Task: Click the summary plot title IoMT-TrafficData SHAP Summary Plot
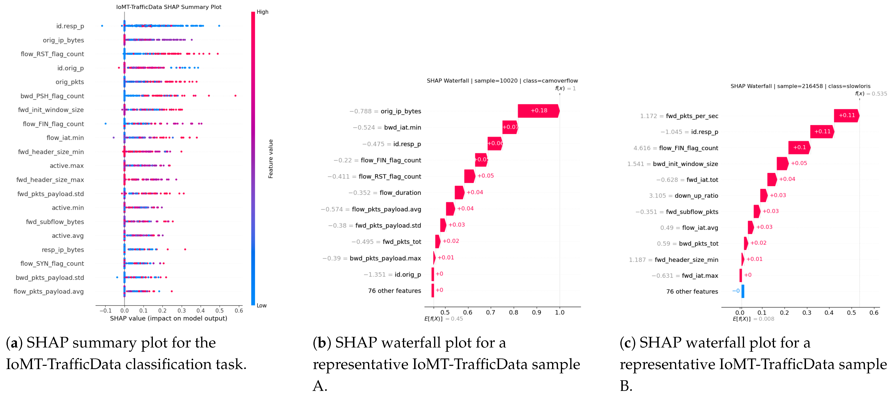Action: coord(169,7)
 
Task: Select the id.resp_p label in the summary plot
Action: coord(70,26)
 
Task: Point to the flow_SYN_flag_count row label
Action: coord(52,263)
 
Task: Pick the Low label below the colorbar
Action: coord(261,305)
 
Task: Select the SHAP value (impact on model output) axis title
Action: coord(169,318)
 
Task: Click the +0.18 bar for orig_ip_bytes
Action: coord(538,111)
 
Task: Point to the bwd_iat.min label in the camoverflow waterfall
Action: coord(403,127)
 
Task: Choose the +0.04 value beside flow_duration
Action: coord(475,192)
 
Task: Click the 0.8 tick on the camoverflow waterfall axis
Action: coord(514,312)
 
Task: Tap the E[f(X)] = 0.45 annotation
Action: coord(443,319)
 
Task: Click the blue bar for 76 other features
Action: coord(743,291)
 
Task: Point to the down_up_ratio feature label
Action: coord(696,196)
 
